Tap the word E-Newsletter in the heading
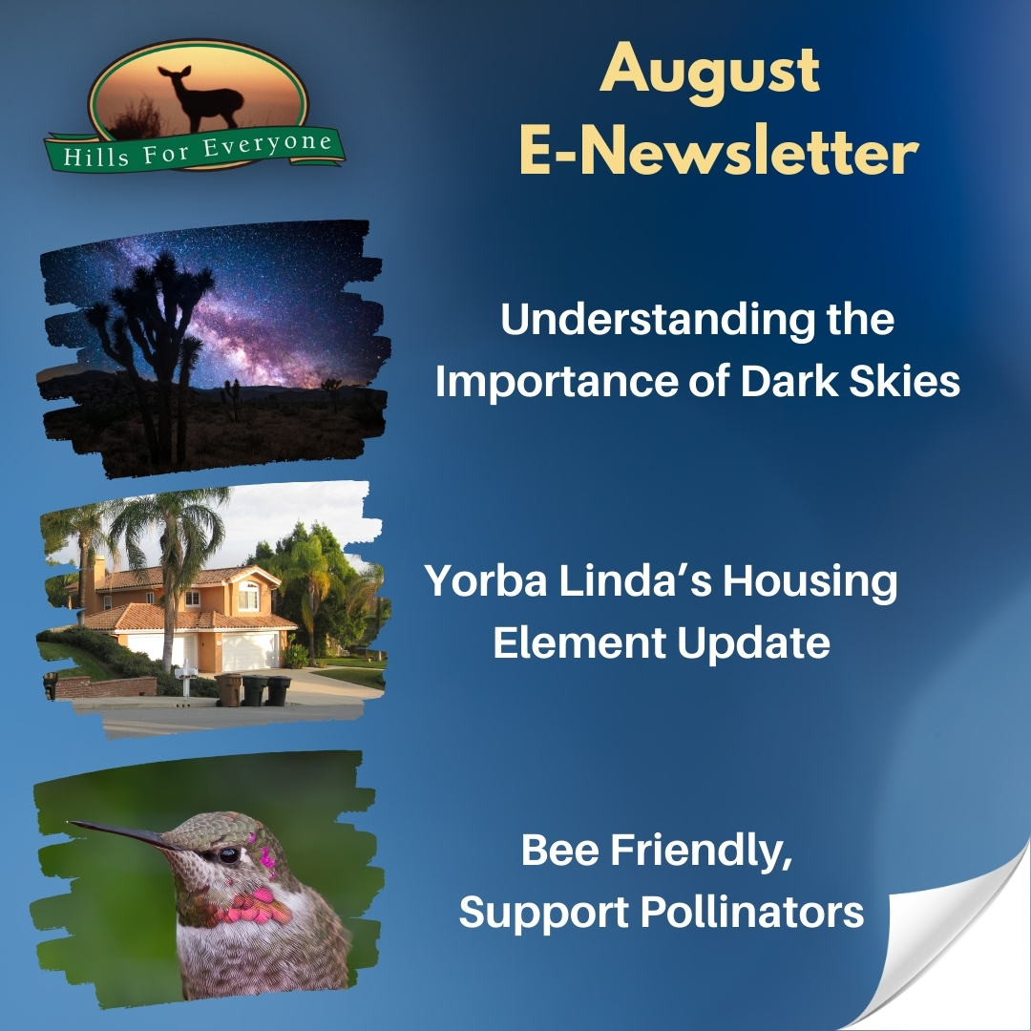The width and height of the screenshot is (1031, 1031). [x=719, y=152]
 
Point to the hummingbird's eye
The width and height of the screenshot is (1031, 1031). [x=229, y=855]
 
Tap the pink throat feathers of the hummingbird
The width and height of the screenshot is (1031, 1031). [x=253, y=906]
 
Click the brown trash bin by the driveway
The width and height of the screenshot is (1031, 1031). [x=228, y=689]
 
